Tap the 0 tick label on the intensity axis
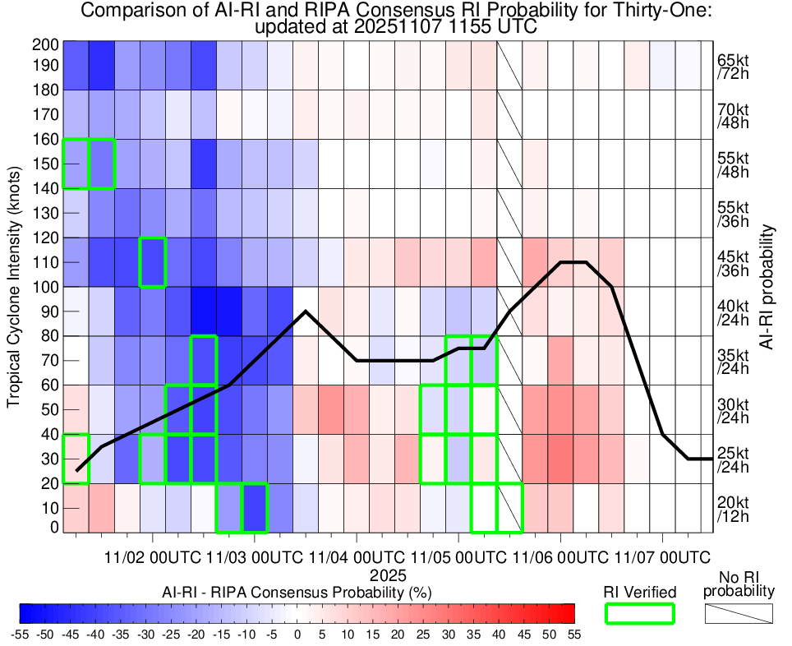tap(53, 527)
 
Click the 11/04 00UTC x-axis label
tap(357, 556)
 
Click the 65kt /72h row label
tap(732, 69)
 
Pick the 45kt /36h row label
tap(732, 262)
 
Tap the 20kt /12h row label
tap(732, 508)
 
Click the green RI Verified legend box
tap(639, 613)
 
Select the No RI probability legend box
tap(739, 613)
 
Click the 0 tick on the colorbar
tap(297, 634)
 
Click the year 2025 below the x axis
tap(382, 574)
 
